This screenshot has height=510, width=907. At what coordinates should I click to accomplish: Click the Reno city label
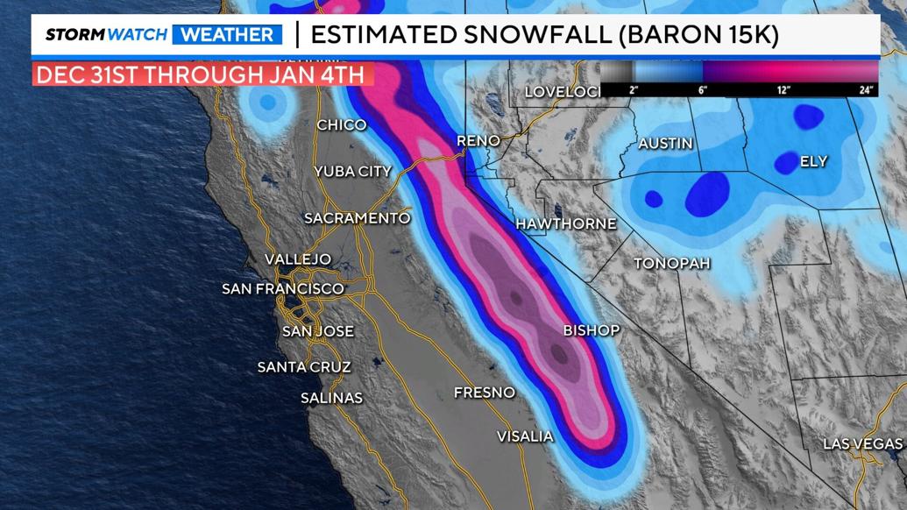coord(478,141)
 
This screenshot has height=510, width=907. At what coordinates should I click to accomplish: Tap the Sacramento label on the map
coord(357,218)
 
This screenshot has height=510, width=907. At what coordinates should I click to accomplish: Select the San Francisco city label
coord(283,288)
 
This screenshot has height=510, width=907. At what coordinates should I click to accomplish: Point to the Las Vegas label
coord(862,444)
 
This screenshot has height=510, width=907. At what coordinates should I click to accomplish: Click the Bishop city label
coord(591,330)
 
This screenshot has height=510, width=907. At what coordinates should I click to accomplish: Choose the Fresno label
coord(484,393)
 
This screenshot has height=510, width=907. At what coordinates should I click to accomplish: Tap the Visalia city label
coord(525,436)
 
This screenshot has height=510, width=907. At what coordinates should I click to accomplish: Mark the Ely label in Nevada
coord(813,162)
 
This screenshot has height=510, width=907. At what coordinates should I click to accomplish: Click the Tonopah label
coord(671,263)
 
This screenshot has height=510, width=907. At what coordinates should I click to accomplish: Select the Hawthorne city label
coord(565,224)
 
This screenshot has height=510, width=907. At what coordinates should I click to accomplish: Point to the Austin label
coord(665,144)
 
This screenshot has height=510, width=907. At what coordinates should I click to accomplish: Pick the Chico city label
coord(341,125)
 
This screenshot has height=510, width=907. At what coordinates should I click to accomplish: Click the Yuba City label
coord(352,172)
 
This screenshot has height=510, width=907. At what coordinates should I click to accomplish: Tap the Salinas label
coord(331,398)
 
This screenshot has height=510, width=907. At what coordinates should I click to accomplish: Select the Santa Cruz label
coord(304,367)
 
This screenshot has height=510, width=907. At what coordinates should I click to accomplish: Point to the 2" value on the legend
coord(634,90)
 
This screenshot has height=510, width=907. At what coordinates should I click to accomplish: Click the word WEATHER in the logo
coord(227,35)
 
